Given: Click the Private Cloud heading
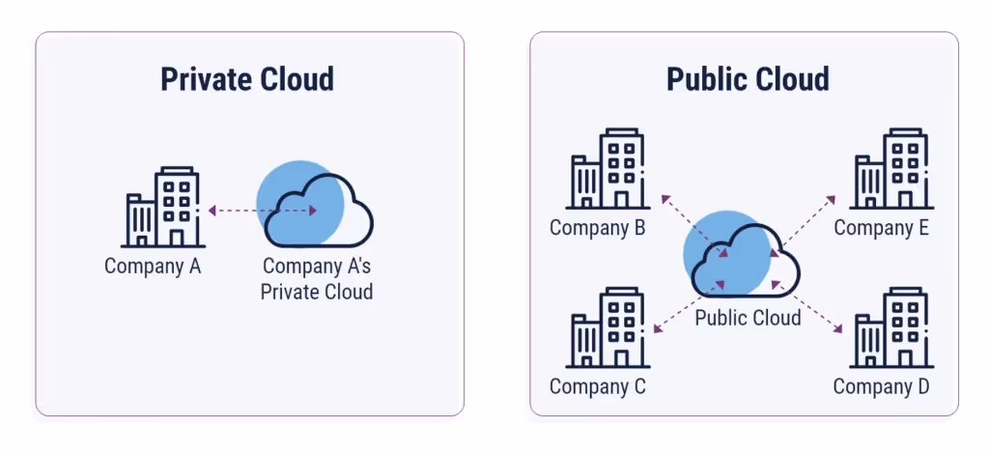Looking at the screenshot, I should tap(247, 78).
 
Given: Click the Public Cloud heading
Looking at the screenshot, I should tap(747, 78).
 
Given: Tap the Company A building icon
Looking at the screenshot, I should tap(162, 208).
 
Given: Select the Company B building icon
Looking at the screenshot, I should tap(606, 171).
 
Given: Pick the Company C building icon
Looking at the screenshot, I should tap(606, 328).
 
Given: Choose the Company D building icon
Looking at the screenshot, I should tap(890, 328).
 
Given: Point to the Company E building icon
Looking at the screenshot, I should tap(890, 171).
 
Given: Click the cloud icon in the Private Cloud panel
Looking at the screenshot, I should tap(317, 208).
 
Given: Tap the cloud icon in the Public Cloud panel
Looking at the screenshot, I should tap(744, 259).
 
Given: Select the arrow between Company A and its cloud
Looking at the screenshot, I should tap(263, 210).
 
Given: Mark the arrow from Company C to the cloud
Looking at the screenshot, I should tap(688, 308).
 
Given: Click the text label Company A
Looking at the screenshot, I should tap(153, 267).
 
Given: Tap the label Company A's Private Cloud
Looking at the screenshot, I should tap(317, 278).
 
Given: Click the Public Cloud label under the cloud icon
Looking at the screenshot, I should tap(748, 317).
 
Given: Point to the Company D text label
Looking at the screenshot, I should tap(881, 386).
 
